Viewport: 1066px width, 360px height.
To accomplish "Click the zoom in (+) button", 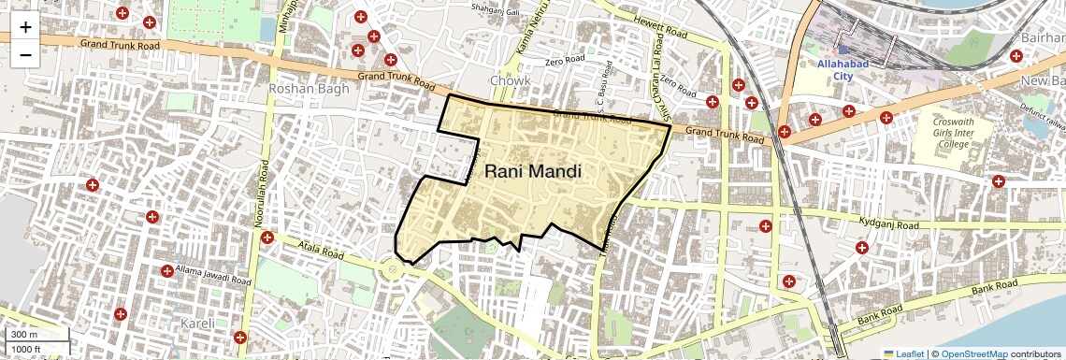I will point(25,26).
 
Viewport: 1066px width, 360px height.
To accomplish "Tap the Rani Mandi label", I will point(533,172).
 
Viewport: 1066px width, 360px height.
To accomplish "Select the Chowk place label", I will point(510,81).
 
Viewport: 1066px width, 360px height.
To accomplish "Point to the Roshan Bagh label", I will point(308,89).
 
